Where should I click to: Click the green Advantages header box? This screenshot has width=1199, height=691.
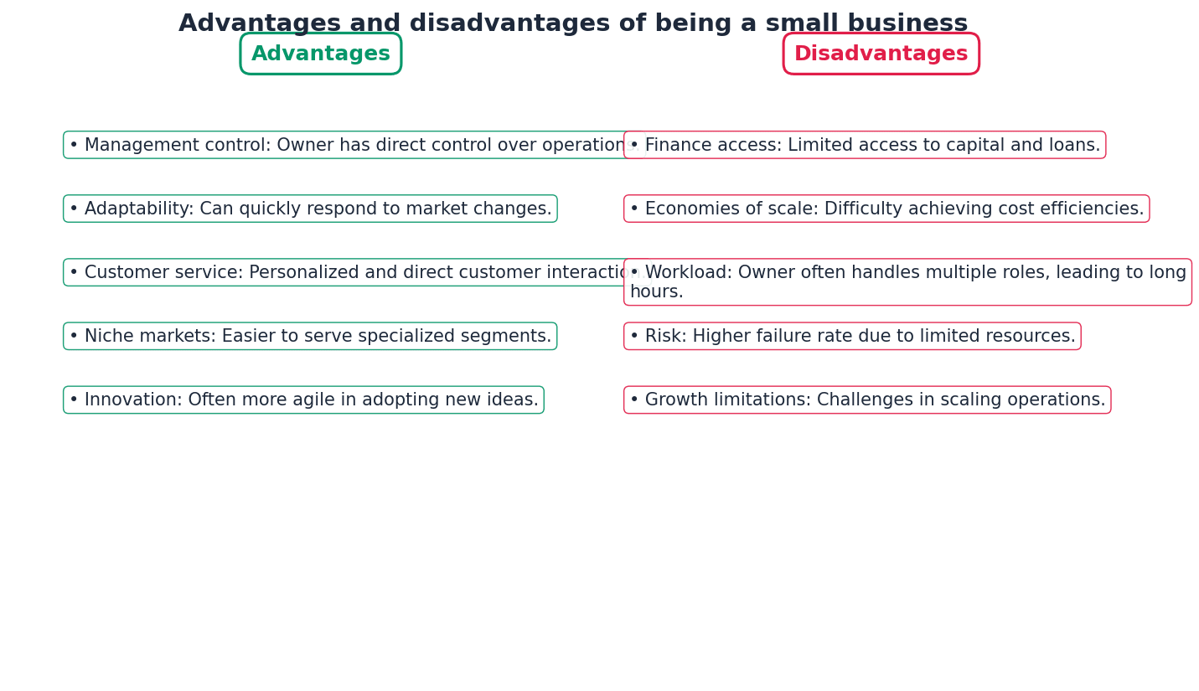pyautogui.click(x=321, y=54)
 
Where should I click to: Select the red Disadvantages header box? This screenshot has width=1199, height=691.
pyautogui.click(x=881, y=54)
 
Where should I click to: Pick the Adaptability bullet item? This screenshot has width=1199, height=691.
pyautogui.click(x=310, y=209)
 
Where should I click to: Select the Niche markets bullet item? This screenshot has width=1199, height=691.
pyautogui.click(x=310, y=337)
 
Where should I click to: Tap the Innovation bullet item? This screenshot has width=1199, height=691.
pyautogui.click(x=303, y=400)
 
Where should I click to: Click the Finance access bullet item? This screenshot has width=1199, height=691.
pyautogui.click(x=865, y=146)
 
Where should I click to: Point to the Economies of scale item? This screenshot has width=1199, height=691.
pyautogui.click(x=886, y=209)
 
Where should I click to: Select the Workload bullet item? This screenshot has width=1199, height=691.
pyautogui.click(x=907, y=282)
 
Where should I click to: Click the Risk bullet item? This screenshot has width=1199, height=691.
pyautogui.click(x=852, y=337)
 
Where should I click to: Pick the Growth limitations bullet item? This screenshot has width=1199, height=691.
pyautogui.click(x=867, y=400)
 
